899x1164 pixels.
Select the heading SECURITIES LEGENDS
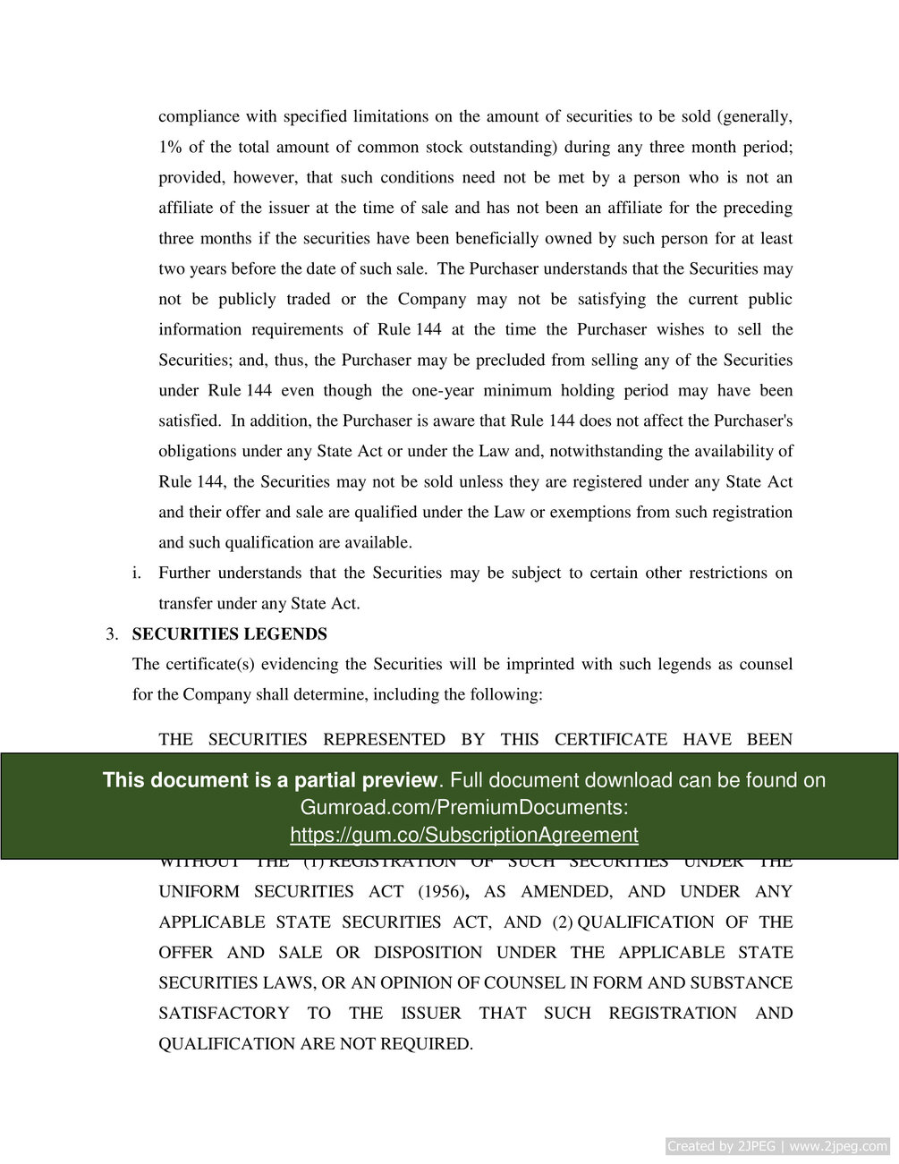pos(229,633)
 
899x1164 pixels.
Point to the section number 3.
pos(111,633)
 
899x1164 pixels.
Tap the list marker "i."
pos(137,573)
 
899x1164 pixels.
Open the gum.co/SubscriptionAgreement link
pos(463,835)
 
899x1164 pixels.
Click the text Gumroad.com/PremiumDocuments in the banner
pos(463,807)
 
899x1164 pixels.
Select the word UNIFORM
pos(199,891)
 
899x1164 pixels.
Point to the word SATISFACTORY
pos(224,1013)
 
